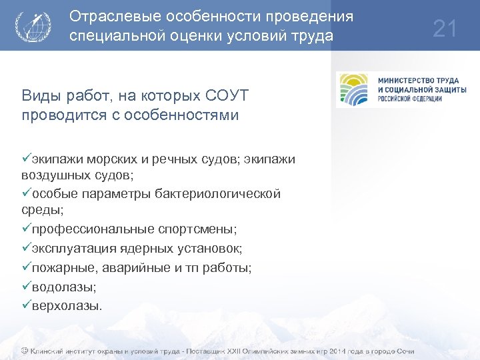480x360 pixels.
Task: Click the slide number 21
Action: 445,29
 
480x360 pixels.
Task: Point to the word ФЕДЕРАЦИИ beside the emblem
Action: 421,99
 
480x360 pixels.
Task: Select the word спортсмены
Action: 197,229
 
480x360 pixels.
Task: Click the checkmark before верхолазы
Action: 26,305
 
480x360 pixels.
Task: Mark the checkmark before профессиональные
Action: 26,229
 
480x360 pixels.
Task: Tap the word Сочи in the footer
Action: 404,351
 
